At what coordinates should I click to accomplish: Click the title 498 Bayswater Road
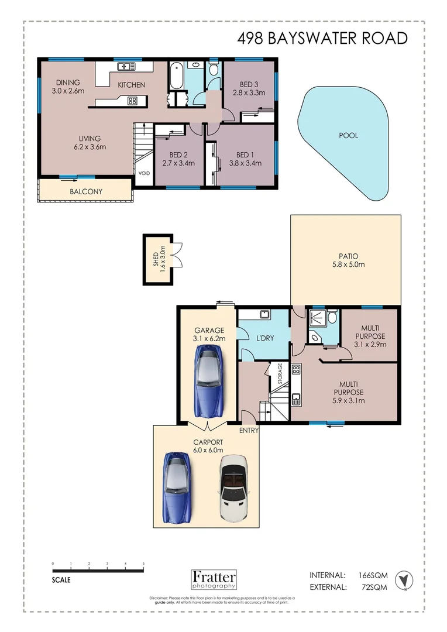point(322,38)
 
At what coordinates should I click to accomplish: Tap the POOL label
point(348,135)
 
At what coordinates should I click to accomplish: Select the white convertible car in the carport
point(233,488)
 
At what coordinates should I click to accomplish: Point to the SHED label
point(156,259)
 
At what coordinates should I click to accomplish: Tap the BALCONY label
point(86,191)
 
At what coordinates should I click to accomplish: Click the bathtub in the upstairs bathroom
point(177,77)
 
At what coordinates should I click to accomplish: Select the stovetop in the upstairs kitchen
point(132,101)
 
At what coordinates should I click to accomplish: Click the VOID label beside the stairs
point(143,173)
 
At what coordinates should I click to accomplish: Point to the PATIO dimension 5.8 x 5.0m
point(348,265)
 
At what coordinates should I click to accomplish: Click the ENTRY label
point(249,430)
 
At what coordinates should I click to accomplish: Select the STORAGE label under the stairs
point(280,373)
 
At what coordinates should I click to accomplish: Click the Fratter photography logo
point(214,579)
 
